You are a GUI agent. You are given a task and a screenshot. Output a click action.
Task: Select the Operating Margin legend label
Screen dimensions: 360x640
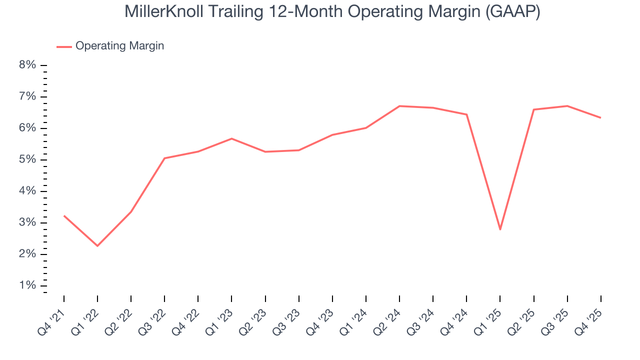[119, 46]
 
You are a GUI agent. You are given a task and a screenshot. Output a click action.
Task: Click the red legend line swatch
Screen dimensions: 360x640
[64, 46]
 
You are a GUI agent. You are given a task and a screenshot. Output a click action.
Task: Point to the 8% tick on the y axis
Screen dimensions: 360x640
[27, 65]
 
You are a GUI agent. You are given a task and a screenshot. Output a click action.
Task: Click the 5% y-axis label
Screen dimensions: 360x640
[27, 159]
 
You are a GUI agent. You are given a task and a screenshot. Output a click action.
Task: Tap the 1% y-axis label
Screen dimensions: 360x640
[27, 285]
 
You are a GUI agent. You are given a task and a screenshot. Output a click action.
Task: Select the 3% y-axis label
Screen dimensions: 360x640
[27, 222]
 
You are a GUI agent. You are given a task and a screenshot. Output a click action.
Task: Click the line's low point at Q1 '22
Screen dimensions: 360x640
[97, 245]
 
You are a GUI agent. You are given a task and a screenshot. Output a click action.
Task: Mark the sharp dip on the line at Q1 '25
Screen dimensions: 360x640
[500, 229]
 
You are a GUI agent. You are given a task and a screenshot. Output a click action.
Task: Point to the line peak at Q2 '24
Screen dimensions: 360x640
[399, 106]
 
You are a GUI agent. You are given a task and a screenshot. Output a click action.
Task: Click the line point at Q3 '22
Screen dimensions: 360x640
[164, 158]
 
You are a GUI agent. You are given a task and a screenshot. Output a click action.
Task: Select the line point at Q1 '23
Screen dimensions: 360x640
[231, 138]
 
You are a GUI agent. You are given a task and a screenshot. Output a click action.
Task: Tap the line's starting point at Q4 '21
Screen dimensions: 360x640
[64, 215]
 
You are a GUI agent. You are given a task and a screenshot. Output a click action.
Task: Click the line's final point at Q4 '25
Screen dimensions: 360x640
[600, 117]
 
